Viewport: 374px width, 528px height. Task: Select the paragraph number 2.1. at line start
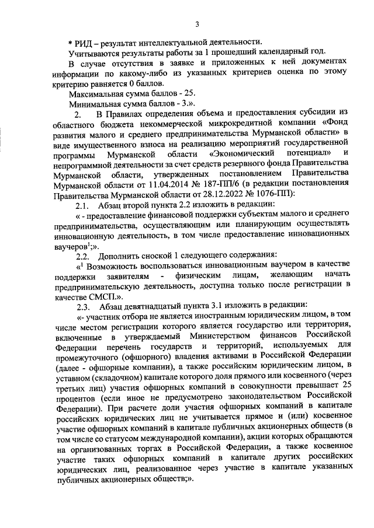(78, 205)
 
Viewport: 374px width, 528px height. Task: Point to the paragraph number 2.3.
(78, 306)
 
